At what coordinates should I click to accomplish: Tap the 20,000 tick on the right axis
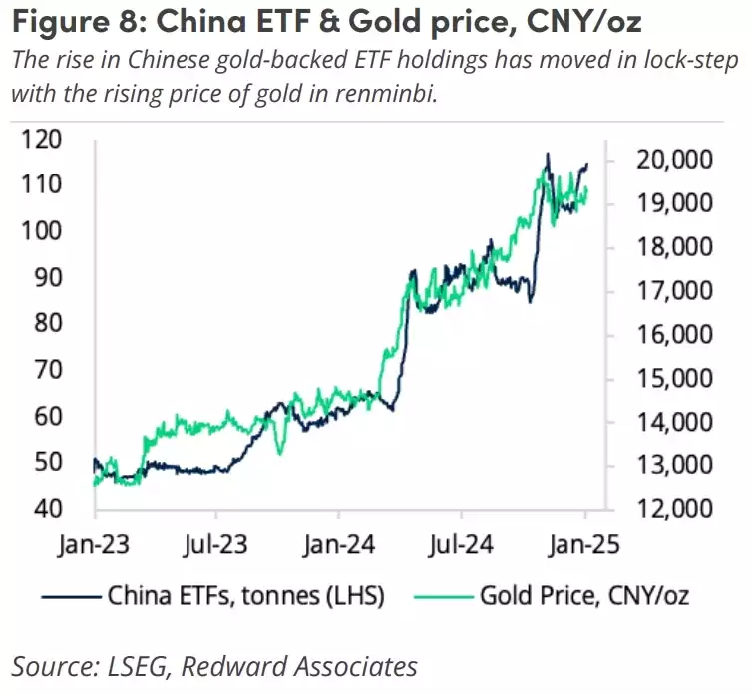click(x=664, y=160)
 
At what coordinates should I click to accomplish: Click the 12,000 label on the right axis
click(x=664, y=508)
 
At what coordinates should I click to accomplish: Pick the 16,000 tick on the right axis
click(x=664, y=334)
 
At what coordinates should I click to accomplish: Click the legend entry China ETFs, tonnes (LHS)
click(x=245, y=596)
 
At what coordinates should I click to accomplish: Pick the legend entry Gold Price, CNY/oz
click(x=584, y=596)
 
